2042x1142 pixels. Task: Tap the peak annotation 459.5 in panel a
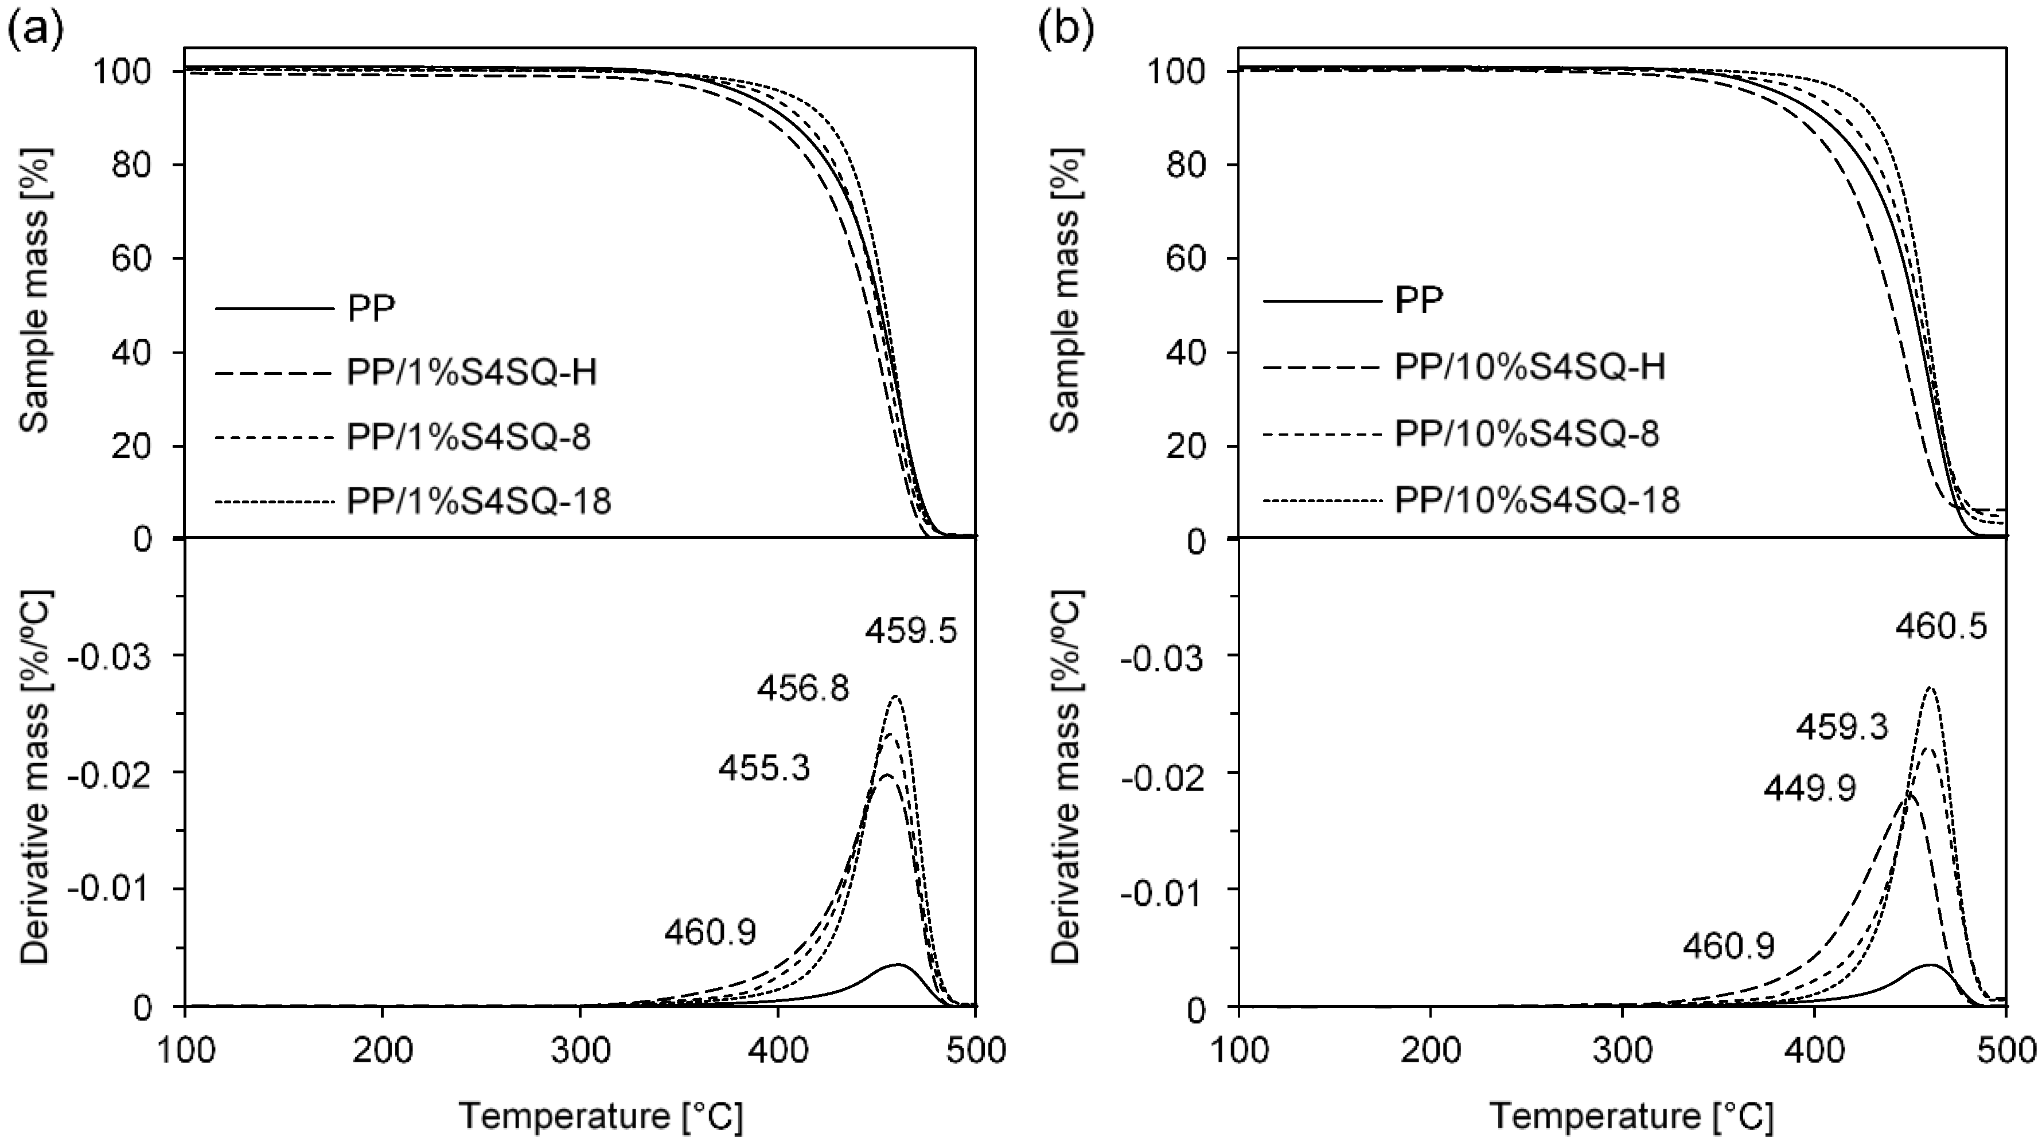(x=911, y=632)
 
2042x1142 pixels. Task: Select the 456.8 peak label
(x=802, y=689)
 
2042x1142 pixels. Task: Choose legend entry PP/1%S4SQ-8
(x=469, y=436)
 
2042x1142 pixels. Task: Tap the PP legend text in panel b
(x=1419, y=300)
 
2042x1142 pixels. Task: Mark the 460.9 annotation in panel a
(x=710, y=932)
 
